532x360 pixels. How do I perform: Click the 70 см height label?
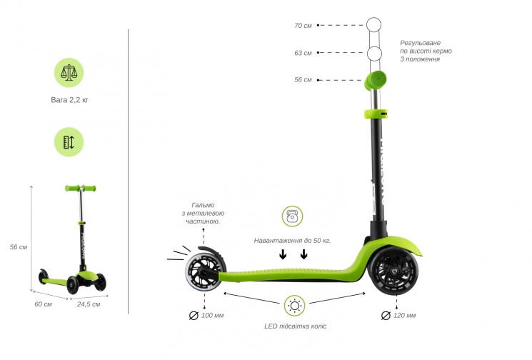click(303, 26)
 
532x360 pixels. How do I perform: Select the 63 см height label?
click(303, 53)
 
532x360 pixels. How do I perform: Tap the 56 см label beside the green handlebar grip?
click(303, 80)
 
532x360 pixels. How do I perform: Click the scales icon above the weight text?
click(69, 73)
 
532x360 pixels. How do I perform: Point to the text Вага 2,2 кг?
click(69, 100)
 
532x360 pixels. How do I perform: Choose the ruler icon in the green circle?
click(69, 142)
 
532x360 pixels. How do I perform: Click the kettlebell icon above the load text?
click(292, 216)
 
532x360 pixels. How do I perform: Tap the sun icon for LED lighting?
click(294, 306)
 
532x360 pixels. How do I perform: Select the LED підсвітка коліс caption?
click(295, 326)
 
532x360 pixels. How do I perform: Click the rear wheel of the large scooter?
click(203, 271)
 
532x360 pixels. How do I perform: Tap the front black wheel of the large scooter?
click(393, 271)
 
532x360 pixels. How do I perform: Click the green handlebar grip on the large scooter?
click(376, 81)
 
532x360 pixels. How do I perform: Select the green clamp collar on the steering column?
click(376, 114)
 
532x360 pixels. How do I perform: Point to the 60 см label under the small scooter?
click(43, 304)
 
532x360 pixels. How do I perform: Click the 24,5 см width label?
click(89, 304)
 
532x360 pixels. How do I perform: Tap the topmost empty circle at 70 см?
click(374, 25)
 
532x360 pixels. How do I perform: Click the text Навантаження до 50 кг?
click(292, 241)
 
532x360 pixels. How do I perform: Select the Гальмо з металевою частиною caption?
click(203, 213)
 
